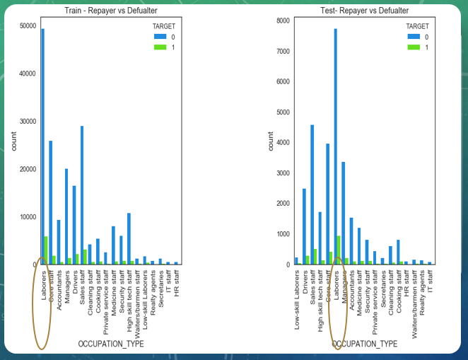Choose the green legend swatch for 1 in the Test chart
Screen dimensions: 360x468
pos(414,47)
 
